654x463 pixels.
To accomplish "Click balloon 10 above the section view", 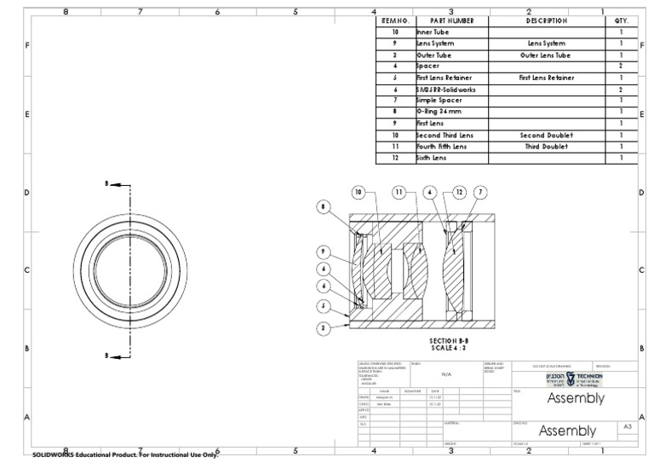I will tap(359, 193).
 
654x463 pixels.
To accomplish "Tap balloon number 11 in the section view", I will tap(399, 193).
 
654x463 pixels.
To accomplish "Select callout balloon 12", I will tap(459, 193).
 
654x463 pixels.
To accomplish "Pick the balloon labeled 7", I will tap(480, 193).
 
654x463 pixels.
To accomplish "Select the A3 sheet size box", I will tap(628, 426).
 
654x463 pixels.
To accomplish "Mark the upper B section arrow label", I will tap(106, 183).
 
